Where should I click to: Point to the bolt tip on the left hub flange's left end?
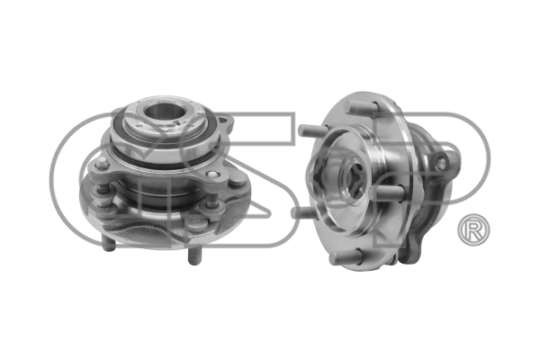(103, 164)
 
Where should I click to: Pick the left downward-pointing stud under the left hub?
(108, 243)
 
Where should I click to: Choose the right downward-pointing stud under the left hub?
(193, 256)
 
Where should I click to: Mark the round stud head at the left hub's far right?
(238, 180)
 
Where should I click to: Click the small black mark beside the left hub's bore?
(176, 122)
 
